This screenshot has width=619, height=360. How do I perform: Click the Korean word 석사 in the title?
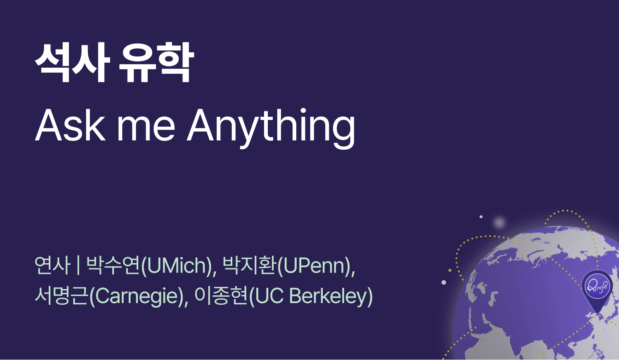coord(72,63)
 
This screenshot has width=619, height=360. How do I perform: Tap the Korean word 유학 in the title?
coord(156,63)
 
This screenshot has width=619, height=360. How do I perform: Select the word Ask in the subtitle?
coord(70,125)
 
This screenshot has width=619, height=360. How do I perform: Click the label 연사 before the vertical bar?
coord(52,265)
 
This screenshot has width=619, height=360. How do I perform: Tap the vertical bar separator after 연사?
coord(78,265)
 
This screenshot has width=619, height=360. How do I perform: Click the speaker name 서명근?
coord(61,296)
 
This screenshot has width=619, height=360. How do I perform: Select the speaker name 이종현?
coord(221,296)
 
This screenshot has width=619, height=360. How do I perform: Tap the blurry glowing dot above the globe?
coord(499,223)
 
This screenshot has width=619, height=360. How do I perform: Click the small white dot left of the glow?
coord(481,216)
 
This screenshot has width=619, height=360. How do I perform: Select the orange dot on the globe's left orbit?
coord(450,271)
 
